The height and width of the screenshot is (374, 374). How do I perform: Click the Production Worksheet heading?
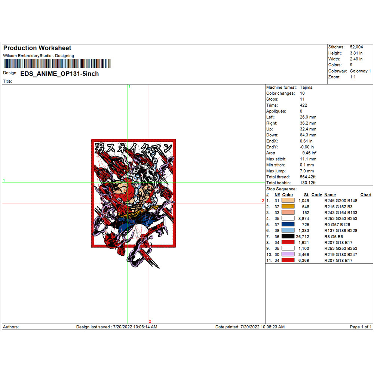[37, 48]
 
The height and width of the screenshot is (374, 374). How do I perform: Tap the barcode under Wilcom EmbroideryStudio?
[58, 64]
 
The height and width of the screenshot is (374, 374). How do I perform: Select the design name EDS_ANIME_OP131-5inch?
[59, 74]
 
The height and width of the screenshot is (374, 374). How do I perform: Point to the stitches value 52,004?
[356, 47]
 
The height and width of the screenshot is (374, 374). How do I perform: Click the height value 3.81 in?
[356, 53]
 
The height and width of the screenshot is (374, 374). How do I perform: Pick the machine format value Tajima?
[306, 87]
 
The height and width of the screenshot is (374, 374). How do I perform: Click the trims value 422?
[303, 105]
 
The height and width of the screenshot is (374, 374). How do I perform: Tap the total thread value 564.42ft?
[308, 177]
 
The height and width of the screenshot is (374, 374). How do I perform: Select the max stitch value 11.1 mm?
[308, 159]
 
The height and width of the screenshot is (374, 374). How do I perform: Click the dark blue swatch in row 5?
[288, 224]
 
